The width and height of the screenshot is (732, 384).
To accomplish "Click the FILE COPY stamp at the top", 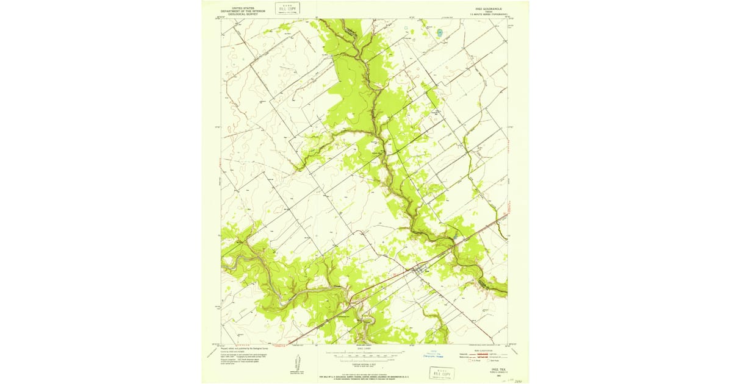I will pyautogui.click(x=287, y=8).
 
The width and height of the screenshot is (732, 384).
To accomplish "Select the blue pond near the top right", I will pyautogui.click(x=440, y=32).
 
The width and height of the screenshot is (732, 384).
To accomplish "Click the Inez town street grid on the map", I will pyautogui.click(x=419, y=269).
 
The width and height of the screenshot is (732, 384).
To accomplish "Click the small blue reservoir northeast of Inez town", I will pyautogui.click(x=456, y=236).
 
